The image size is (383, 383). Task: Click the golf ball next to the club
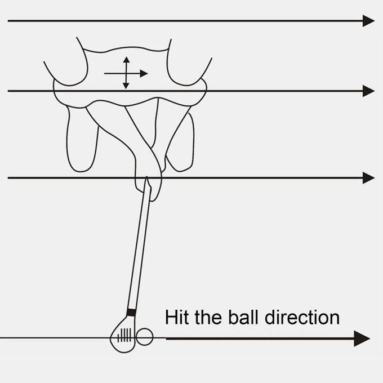pyautogui.click(x=145, y=336)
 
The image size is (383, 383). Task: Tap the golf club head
pyautogui.click(x=123, y=335)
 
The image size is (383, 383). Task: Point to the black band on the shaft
pyautogui.click(x=131, y=312)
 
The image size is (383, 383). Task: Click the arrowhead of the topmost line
pyautogui.click(x=368, y=21)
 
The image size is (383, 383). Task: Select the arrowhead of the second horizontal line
pyautogui.click(x=368, y=91)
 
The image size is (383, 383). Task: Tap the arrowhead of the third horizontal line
pyautogui.click(x=368, y=178)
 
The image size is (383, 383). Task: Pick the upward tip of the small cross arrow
pyautogui.click(x=126, y=58)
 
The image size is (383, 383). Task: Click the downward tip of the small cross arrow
pyautogui.click(x=126, y=87)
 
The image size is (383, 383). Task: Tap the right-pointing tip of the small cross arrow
pyautogui.click(x=145, y=73)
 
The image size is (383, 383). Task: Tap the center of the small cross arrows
pyautogui.click(x=126, y=73)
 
